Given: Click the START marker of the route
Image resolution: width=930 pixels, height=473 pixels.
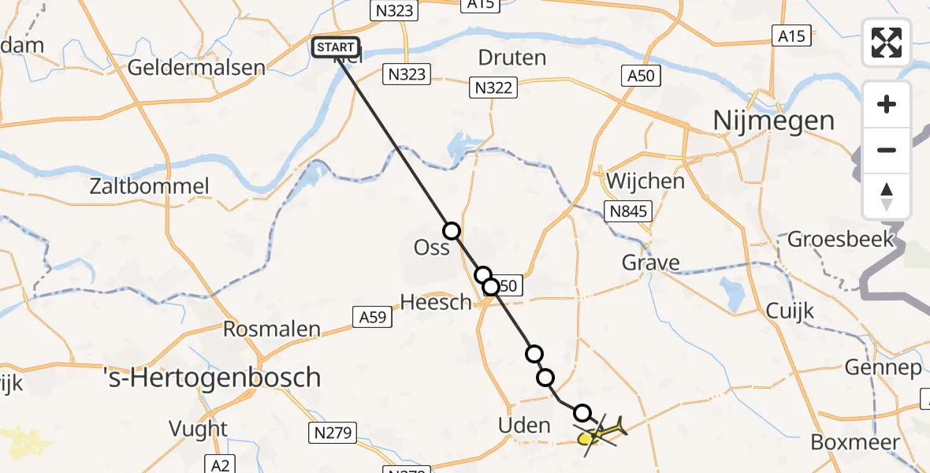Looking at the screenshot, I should coord(336,48).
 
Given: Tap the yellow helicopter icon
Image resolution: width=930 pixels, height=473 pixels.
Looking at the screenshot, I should coord(601,432).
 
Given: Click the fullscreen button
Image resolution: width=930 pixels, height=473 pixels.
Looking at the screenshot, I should coord(887,43).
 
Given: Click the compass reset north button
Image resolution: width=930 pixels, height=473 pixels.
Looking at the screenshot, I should coord(887,196).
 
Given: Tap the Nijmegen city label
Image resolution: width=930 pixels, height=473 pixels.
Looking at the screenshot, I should coord(773,121).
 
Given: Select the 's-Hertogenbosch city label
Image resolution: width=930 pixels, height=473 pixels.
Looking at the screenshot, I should coord(214,377).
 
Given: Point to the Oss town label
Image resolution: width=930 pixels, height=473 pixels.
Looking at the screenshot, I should coord(431,248).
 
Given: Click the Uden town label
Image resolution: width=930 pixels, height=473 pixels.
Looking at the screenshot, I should coord(524,426).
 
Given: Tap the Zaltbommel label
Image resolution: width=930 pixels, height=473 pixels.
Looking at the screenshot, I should coord(150,187).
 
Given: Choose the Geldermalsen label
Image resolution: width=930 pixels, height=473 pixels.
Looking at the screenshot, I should coord(195,67).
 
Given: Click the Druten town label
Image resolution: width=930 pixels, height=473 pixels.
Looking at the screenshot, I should coord(512,58).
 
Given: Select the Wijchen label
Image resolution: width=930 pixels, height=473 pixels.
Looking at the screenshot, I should coord(645,181).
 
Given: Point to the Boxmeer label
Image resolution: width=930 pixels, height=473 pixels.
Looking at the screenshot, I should coord(865,441).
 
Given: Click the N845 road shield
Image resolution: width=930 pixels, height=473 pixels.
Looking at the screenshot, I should coord(627,210).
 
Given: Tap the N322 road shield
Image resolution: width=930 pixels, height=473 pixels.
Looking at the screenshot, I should coord(495,87).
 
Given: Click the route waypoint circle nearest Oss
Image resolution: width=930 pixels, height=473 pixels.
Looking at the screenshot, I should coord(452,231).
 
